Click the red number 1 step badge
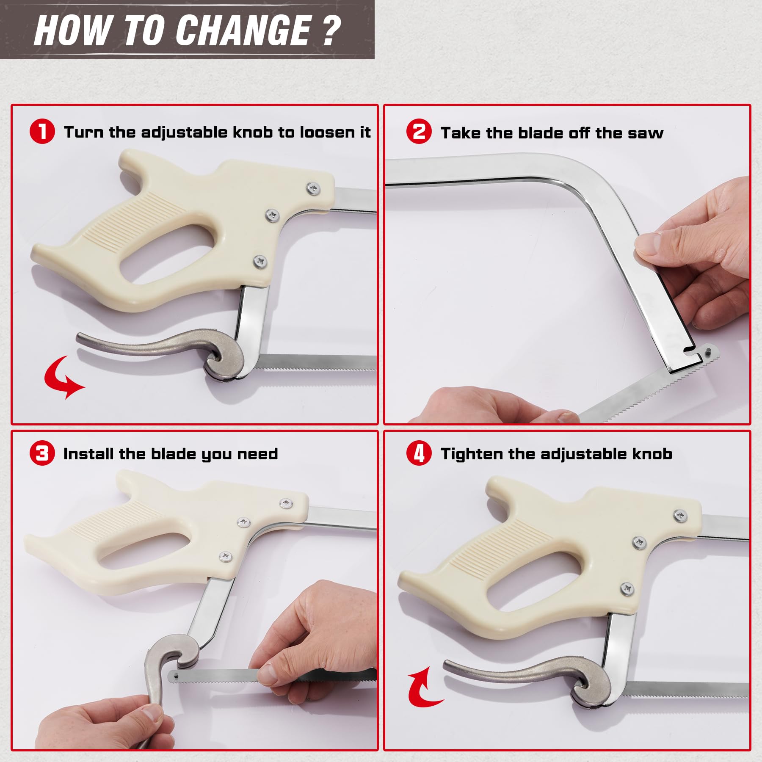[x=42, y=131]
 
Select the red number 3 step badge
[x=42, y=453]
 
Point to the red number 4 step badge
[x=419, y=453]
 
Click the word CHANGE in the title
[x=243, y=30]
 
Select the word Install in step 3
[x=89, y=454]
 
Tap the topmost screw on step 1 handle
[x=313, y=188]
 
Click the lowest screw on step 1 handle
[x=260, y=262]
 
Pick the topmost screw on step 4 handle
[x=680, y=516]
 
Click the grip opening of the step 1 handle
[x=167, y=254]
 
